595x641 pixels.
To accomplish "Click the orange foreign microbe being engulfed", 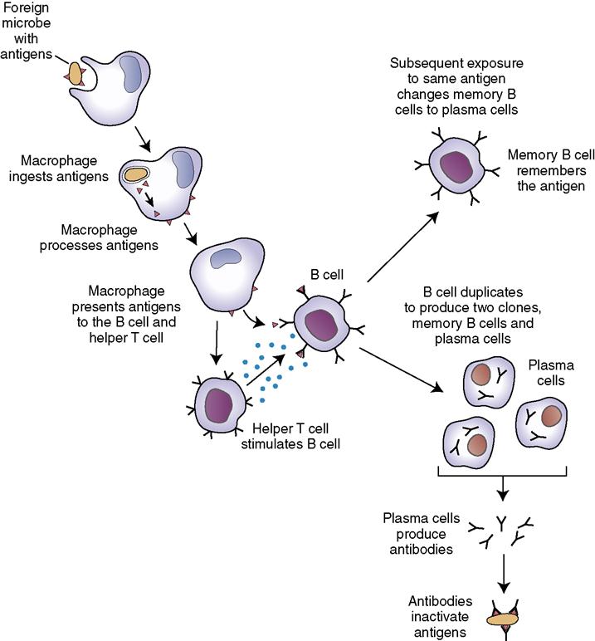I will [x=76, y=74].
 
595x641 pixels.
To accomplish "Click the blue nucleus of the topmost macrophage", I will [x=133, y=72].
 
